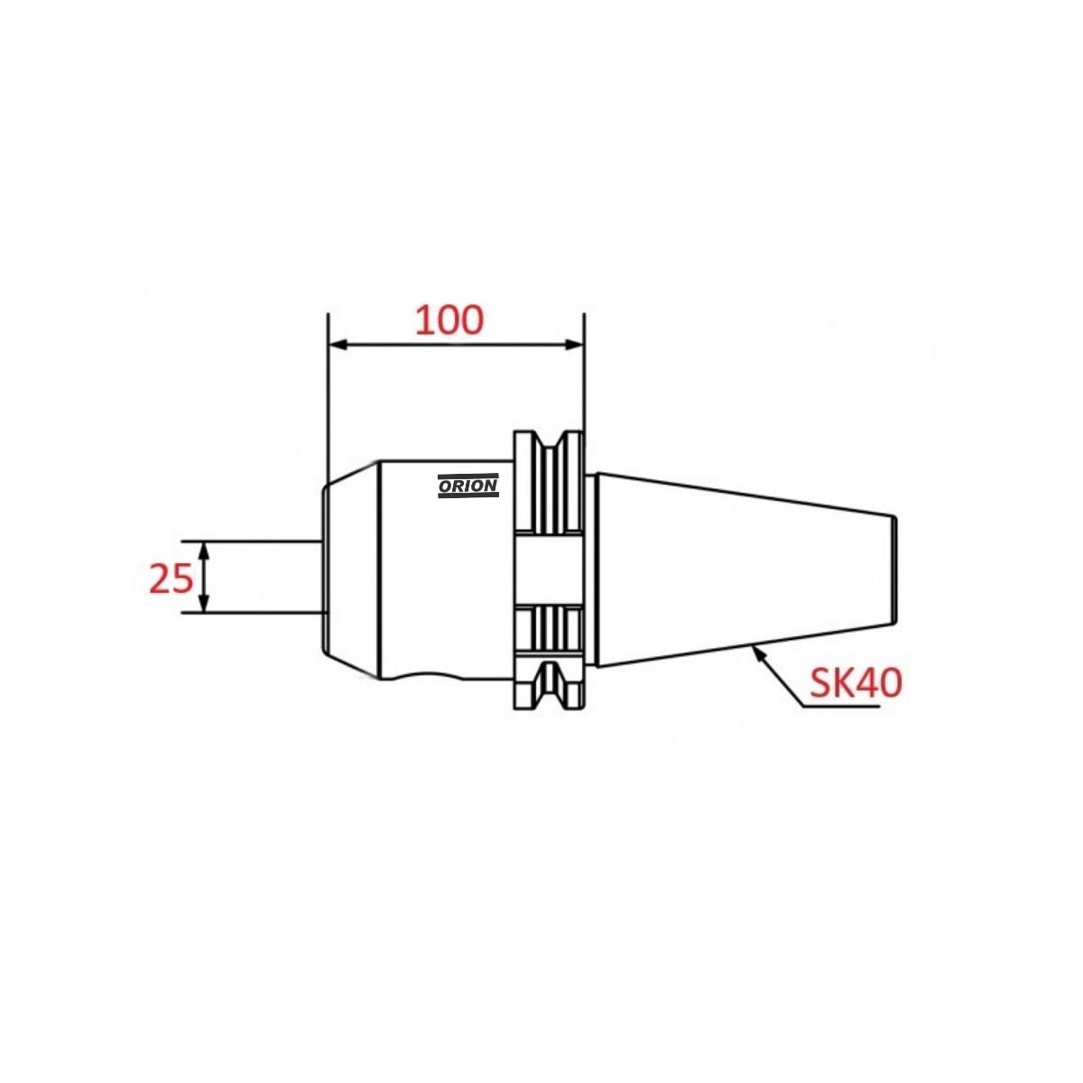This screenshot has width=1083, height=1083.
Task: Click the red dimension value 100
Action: [x=449, y=321]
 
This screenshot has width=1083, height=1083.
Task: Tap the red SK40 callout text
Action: [x=856, y=683]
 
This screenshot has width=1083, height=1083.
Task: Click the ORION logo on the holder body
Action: [x=467, y=486]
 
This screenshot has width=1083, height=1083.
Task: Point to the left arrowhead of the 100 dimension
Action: [x=338, y=345]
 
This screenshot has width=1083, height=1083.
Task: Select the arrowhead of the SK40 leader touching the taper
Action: [x=759, y=653]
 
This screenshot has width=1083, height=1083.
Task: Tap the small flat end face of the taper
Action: [x=895, y=569]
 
